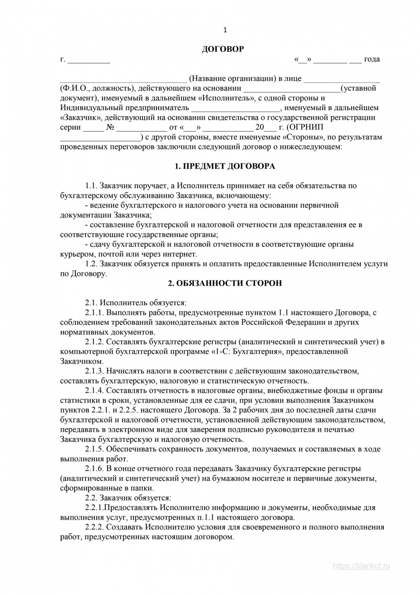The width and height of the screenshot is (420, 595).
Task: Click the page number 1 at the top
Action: point(225,30)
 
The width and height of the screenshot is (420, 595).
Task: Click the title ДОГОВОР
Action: point(223,49)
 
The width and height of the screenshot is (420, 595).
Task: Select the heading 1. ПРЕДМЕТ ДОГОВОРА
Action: point(225,166)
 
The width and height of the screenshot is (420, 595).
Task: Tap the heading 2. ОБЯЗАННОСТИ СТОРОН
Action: point(225,283)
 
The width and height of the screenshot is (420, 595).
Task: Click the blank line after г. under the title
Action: point(89,60)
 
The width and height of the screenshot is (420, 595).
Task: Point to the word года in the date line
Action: point(372,59)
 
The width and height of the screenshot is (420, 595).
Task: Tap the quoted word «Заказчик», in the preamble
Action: point(80,117)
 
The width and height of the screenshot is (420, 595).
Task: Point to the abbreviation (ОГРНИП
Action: point(305,127)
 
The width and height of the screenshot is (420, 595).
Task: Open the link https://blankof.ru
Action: point(361,566)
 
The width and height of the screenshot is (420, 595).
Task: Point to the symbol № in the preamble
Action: point(110,127)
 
